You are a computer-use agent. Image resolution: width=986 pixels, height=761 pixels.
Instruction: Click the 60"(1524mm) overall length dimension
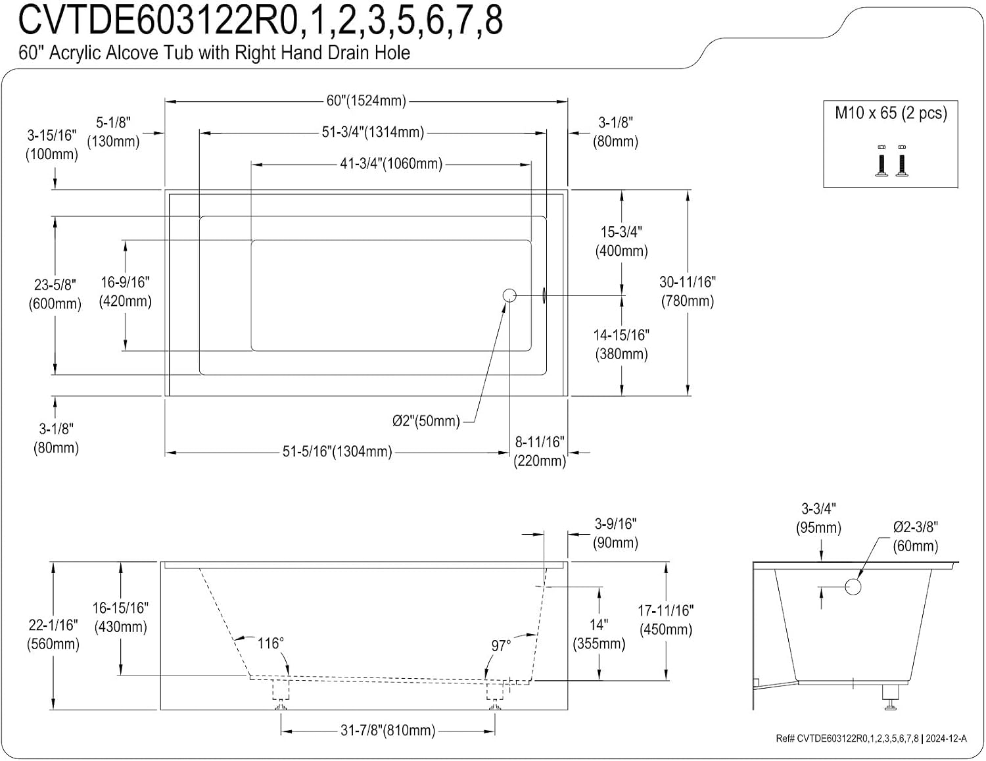[x=366, y=101]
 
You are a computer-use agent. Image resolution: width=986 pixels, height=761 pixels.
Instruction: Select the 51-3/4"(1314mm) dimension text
[x=373, y=132]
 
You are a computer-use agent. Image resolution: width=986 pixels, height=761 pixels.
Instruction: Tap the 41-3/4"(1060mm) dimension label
[x=391, y=164]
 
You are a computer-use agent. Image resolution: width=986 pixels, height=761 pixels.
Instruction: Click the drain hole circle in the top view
[x=509, y=295]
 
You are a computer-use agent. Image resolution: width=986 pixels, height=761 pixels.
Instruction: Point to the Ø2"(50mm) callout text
[x=426, y=421]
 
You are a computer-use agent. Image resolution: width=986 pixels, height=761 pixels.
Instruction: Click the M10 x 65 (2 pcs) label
[x=891, y=113]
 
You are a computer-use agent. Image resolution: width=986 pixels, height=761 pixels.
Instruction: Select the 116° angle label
[x=270, y=643]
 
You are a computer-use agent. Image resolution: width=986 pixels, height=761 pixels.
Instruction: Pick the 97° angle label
[x=501, y=646]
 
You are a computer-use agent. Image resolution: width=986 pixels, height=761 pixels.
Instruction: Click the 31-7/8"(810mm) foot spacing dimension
[x=388, y=730]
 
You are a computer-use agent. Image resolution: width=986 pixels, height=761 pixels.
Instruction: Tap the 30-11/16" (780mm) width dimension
[x=688, y=291]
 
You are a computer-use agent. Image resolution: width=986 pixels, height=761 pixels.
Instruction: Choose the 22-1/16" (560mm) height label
[x=53, y=634]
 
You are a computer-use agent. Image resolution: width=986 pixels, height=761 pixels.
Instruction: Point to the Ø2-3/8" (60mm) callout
[x=915, y=536]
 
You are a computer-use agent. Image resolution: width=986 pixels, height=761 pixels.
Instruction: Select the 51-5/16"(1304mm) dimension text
[x=337, y=451]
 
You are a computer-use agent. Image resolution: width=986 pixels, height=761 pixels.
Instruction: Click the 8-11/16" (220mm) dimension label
[x=540, y=451]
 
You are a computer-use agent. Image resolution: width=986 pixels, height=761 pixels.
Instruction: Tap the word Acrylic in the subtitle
[x=75, y=53]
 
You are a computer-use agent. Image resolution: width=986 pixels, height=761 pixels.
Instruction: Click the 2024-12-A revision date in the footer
[x=946, y=739]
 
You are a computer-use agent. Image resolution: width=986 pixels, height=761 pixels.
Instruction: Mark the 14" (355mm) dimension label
[x=599, y=634]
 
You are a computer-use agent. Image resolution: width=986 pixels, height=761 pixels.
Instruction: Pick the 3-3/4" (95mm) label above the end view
[x=818, y=518]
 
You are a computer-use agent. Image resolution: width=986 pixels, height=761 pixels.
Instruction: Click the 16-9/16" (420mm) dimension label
[x=126, y=291]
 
